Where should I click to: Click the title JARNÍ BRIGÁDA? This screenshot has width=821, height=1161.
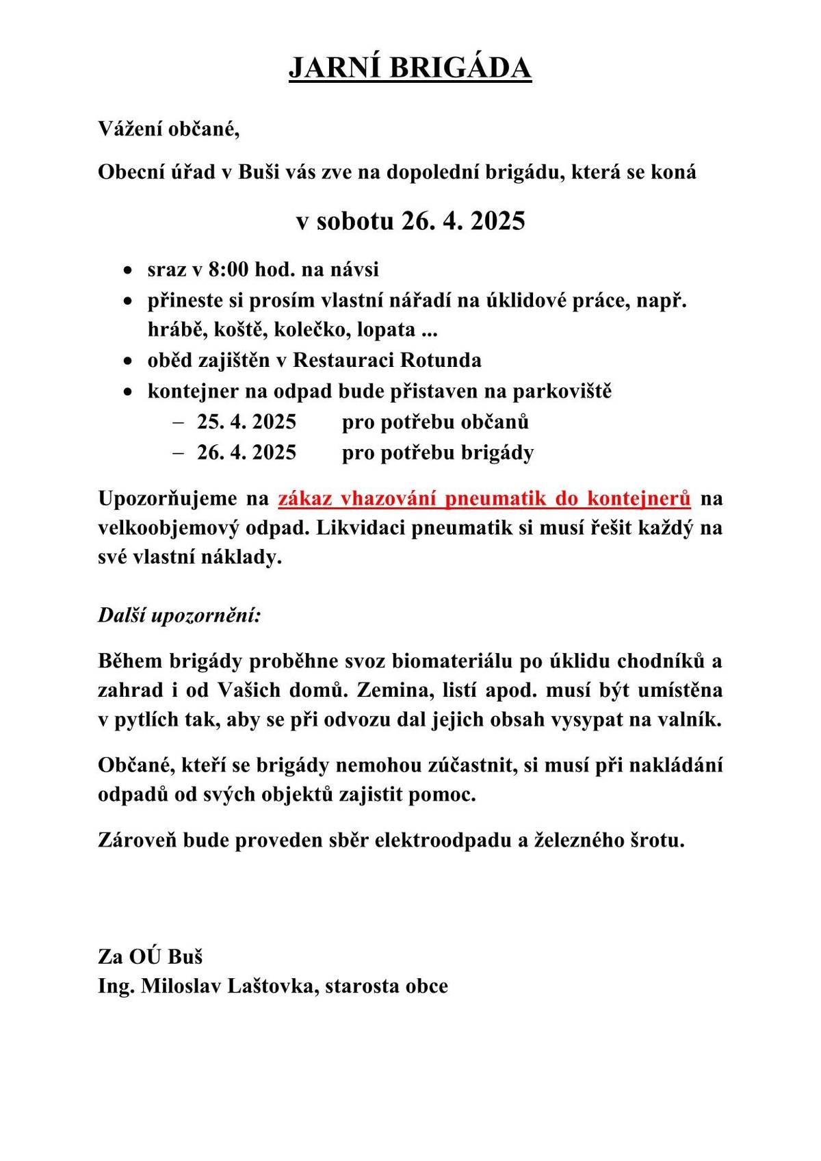(x=410, y=68)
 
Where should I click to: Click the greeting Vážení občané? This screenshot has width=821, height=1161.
(x=169, y=129)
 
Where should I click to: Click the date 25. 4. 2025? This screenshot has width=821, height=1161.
(x=246, y=422)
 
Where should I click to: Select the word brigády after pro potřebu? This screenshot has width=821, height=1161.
(x=499, y=452)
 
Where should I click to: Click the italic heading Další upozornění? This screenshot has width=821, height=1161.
(x=180, y=615)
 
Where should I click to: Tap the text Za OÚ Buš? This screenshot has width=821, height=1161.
(x=151, y=956)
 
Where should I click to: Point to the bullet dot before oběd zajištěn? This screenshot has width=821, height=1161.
(x=128, y=361)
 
